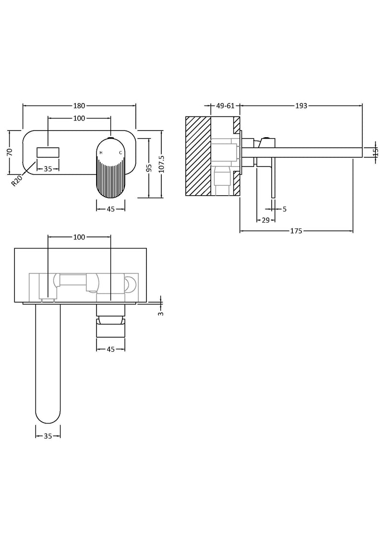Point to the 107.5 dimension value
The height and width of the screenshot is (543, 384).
tap(161, 164)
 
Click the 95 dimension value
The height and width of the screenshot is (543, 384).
tap(149, 167)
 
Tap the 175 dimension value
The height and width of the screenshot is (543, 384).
tap(296, 231)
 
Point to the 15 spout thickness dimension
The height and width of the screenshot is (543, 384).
tap(376, 152)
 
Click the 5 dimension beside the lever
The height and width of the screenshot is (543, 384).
tap(285, 209)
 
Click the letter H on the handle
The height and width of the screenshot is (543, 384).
tap(101, 153)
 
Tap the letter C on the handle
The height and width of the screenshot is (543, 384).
tap(120, 153)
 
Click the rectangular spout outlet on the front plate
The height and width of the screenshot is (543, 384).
tap(48, 152)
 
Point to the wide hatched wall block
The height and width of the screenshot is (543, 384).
tap(198, 156)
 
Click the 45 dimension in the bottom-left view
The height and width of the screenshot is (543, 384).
tap(111, 349)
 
